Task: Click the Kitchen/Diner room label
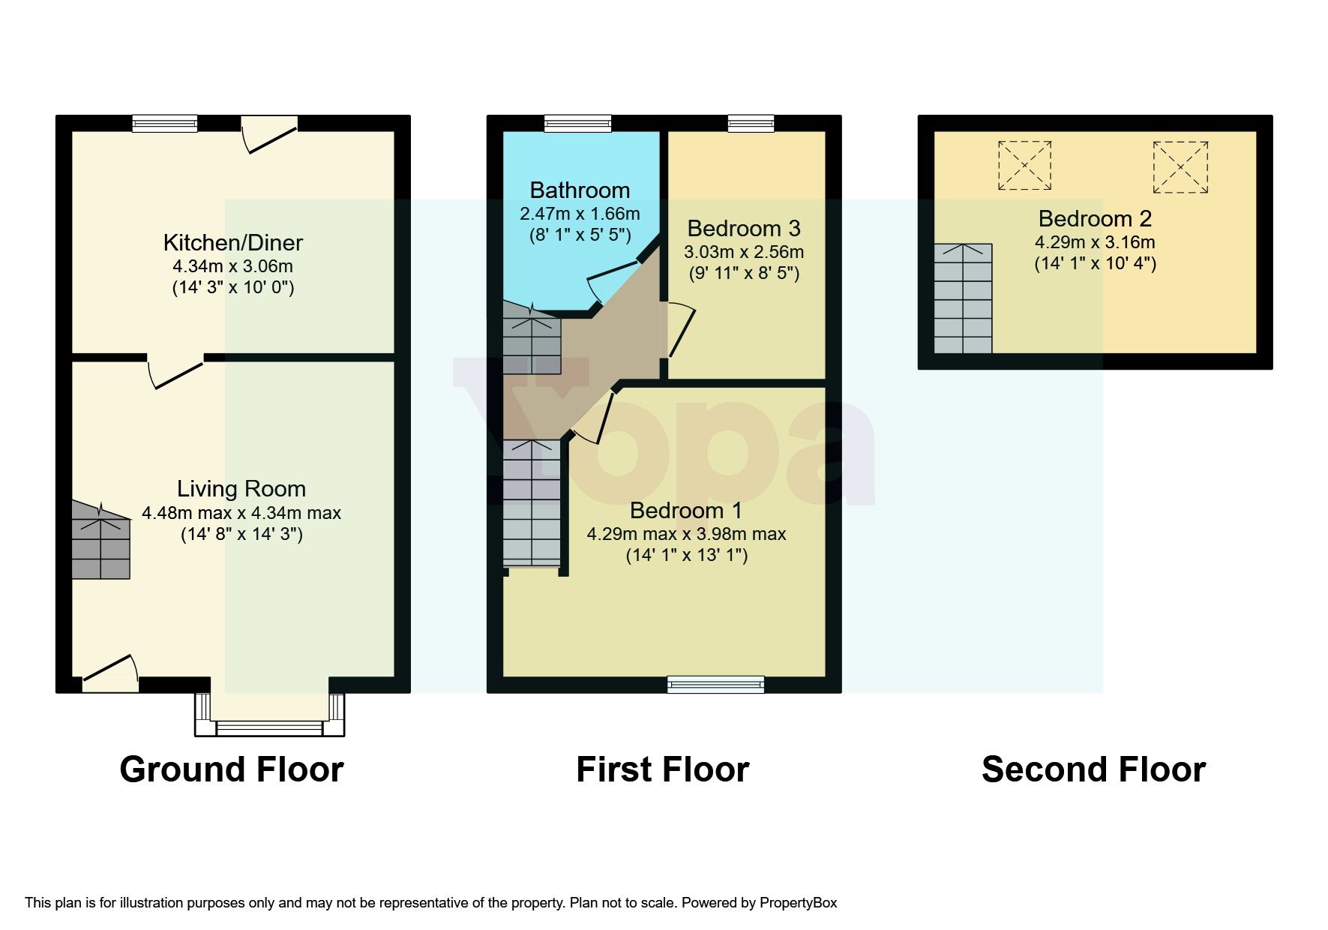pyautogui.click(x=233, y=242)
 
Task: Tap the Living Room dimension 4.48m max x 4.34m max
pyautogui.click(x=241, y=513)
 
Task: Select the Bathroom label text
pyautogui.click(x=580, y=190)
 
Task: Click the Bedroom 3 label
pyautogui.click(x=744, y=228)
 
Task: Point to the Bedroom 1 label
pyautogui.click(x=686, y=510)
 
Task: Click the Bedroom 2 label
pyautogui.click(x=1095, y=218)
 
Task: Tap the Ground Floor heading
pyautogui.click(x=232, y=769)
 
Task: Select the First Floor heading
pyautogui.click(x=663, y=769)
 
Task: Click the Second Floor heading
pyautogui.click(x=1093, y=769)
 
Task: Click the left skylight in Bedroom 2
pyautogui.click(x=1024, y=165)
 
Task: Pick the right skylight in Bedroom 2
pyautogui.click(x=1180, y=166)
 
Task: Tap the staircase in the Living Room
pyautogui.click(x=100, y=541)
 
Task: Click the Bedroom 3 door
pyautogui.click(x=679, y=330)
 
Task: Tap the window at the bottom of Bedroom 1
pyautogui.click(x=716, y=683)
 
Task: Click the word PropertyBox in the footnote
pyautogui.click(x=798, y=903)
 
